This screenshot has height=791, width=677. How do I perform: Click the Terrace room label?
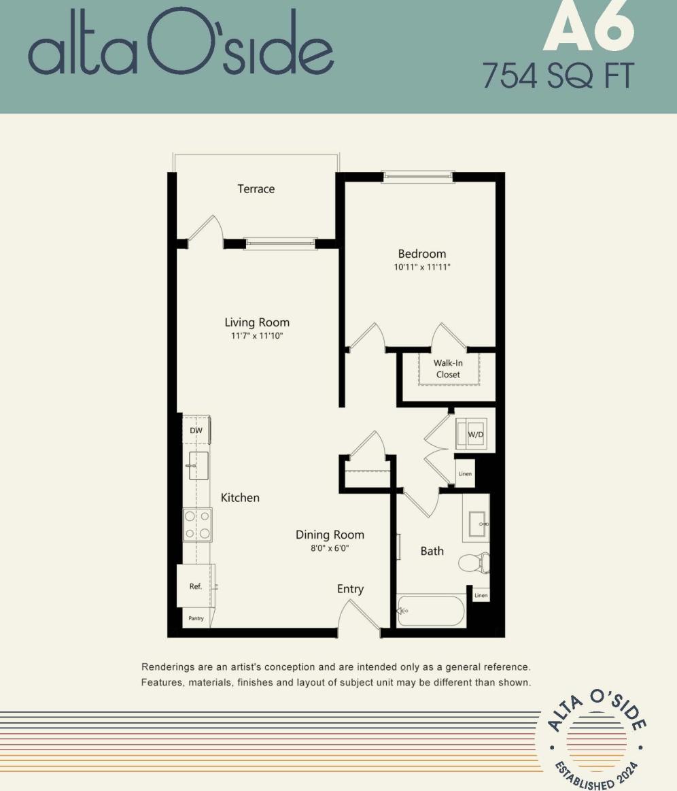click(x=256, y=189)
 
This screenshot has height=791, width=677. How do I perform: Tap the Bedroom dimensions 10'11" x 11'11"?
click(x=421, y=267)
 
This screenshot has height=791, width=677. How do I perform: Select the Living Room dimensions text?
click(x=257, y=336)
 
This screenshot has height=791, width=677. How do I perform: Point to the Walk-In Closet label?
click(x=448, y=369)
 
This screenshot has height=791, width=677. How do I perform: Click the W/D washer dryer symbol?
click(x=475, y=434)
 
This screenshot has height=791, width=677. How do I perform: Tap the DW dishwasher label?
click(x=196, y=431)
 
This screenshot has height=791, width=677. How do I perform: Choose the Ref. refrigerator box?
click(x=196, y=586)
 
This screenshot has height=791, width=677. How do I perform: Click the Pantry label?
click(x=196, y=618)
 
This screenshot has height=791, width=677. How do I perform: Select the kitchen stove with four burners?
click(x=197, y=525)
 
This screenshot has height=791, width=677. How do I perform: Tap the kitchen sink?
click(x=198, y=465)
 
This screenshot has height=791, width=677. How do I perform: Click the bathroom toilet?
click(x=474, y=562)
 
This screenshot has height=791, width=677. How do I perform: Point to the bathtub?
click(x=431, y=611)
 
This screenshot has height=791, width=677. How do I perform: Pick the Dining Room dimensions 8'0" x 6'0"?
click(x=330, y=548)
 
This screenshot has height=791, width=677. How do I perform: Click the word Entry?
click(x=350, y=589)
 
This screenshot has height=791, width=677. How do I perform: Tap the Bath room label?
click(x=432, y=551)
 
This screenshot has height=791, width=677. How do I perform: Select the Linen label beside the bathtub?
click(x=481, y=596)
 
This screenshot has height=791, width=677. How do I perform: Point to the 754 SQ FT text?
click(x=557, y=76)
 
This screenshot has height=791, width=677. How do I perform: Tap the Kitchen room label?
click(x=240, y=498)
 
